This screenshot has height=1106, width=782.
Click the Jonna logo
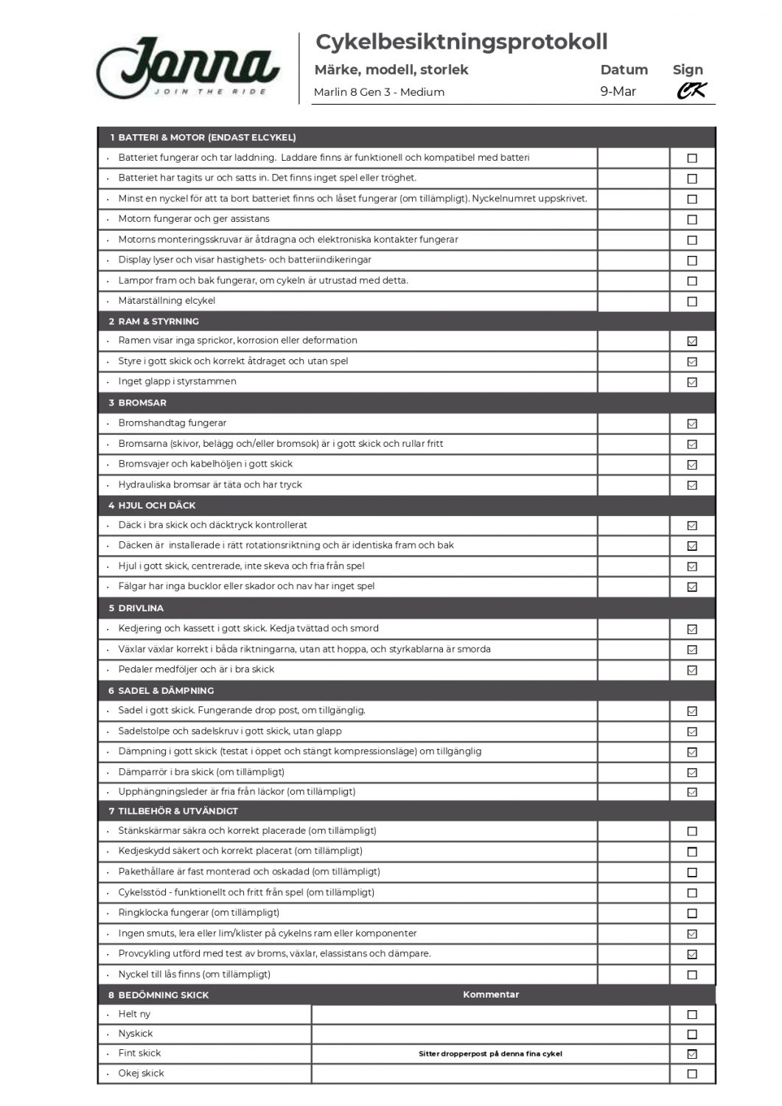[188, 68]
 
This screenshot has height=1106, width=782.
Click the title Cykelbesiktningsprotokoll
[461, 42]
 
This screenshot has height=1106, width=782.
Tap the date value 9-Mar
[618, 91]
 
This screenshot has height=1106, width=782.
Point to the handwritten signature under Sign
[691, 91]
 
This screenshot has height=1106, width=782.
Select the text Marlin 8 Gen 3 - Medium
[379, 92]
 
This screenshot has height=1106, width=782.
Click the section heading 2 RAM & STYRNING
[154, 321]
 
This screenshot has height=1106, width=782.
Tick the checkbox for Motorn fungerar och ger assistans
[692, 220]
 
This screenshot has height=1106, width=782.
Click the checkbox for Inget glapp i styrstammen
[692, 382]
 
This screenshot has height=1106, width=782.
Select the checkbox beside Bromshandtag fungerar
[692, 424]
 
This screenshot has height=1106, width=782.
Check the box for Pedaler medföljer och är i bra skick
[692, 670]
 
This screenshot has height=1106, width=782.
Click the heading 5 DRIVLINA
[136, 608]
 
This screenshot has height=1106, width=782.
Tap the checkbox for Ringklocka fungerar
[692, 914]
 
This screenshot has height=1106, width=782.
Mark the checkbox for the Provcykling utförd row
[692, 954]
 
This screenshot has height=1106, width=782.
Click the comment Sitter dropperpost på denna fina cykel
[490, 1054]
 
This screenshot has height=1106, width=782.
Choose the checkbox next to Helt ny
[692, 1015]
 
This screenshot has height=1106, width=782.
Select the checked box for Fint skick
[692, 1054]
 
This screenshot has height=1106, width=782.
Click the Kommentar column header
[491, 995]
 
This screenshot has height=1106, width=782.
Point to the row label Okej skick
[141, 1074]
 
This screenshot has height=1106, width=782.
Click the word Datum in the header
[624, 70]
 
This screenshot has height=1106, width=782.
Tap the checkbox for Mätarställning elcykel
[692, 302]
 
